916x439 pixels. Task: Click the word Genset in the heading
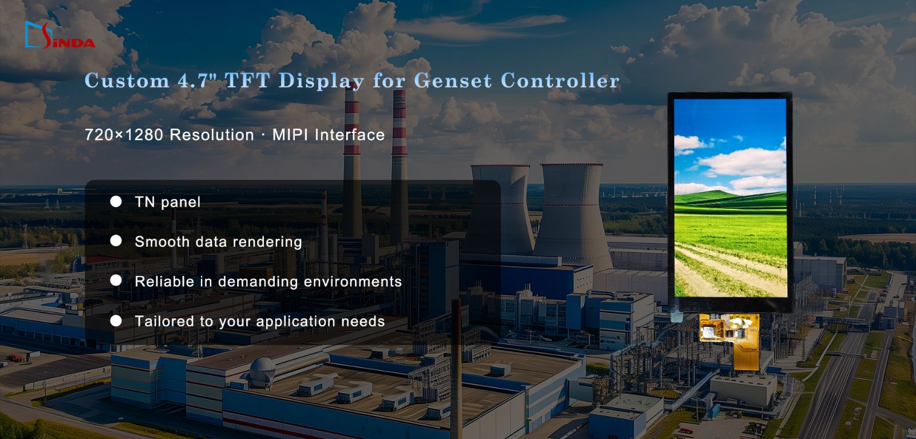(x=453, y=80)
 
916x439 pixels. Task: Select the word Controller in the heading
(x=560, y=80)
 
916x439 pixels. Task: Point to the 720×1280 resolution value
(x=124, y=135)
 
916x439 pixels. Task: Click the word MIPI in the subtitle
(x=290, y=135)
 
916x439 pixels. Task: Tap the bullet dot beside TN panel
(x=116, y=201)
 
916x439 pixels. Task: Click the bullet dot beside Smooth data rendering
(x=116, y=241)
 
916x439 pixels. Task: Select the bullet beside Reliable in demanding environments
(x=116, y=280)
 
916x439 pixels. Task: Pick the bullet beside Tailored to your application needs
(x=116, y=321)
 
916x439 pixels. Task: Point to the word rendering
(x=267, y=242)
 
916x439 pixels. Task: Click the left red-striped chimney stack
(x=352, y=164)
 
